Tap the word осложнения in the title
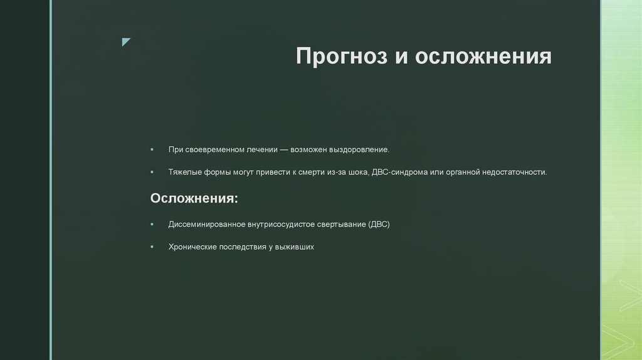pos(483,56)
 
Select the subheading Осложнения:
pos(194,198)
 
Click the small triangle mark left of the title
pos(126,42)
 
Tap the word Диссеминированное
pos(208,224)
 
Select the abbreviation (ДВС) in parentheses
pos(379,224)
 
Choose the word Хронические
pos(192,247)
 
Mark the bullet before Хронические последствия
pos(152,247)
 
